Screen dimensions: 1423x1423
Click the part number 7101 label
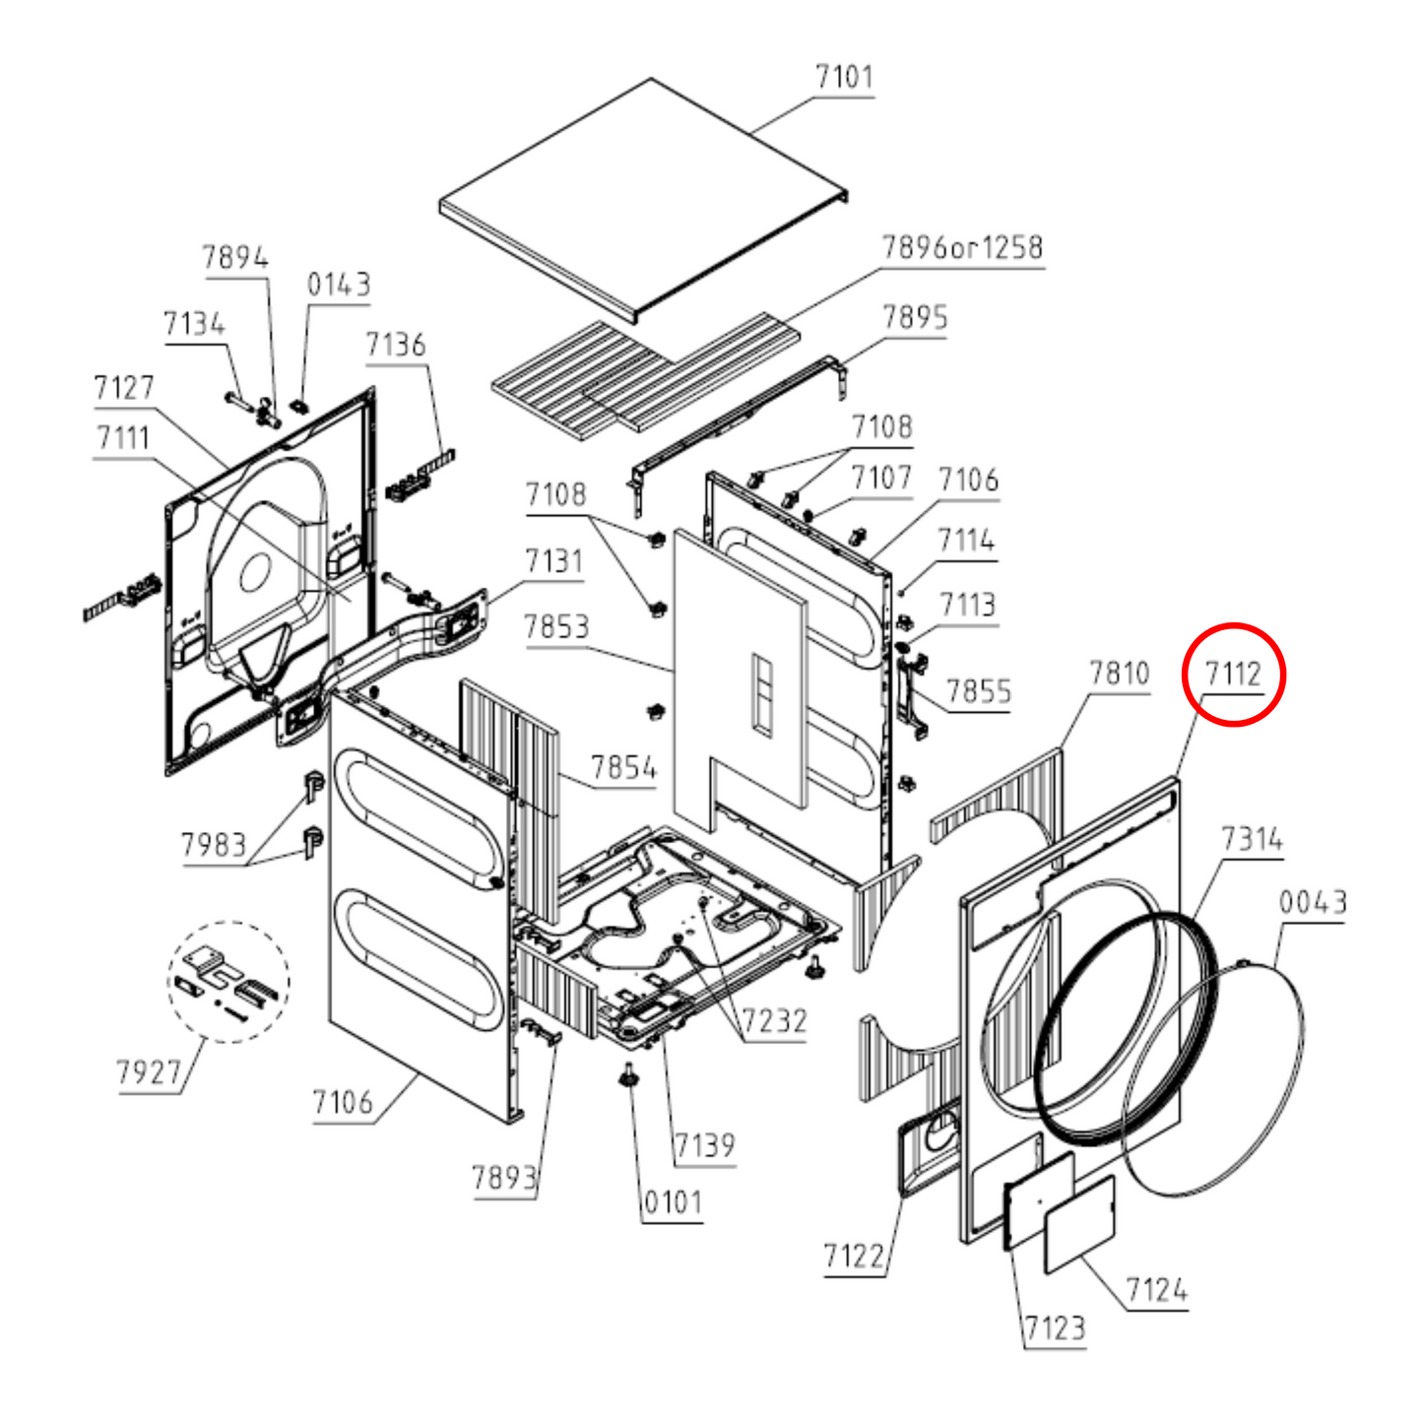click(843, 77)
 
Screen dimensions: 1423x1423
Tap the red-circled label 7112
click(1233, 674)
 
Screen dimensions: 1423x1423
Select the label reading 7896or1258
click(963, 247)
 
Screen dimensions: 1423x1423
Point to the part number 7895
click(915, 317)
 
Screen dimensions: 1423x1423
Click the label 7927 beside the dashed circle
click(148, 1072)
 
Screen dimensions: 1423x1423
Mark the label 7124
click(1156, 1290)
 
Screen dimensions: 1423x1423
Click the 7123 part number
click(1056, 1328)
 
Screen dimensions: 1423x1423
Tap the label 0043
click(1313, 902)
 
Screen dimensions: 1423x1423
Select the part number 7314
click(1252, 839)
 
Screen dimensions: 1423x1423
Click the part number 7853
click(556, 627)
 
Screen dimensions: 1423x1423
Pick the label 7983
click(214, 844)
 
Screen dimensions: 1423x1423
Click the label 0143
click(338, 285)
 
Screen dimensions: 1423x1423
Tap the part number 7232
click(774, 1021)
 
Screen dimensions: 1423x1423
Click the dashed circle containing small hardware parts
click(228, 982)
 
